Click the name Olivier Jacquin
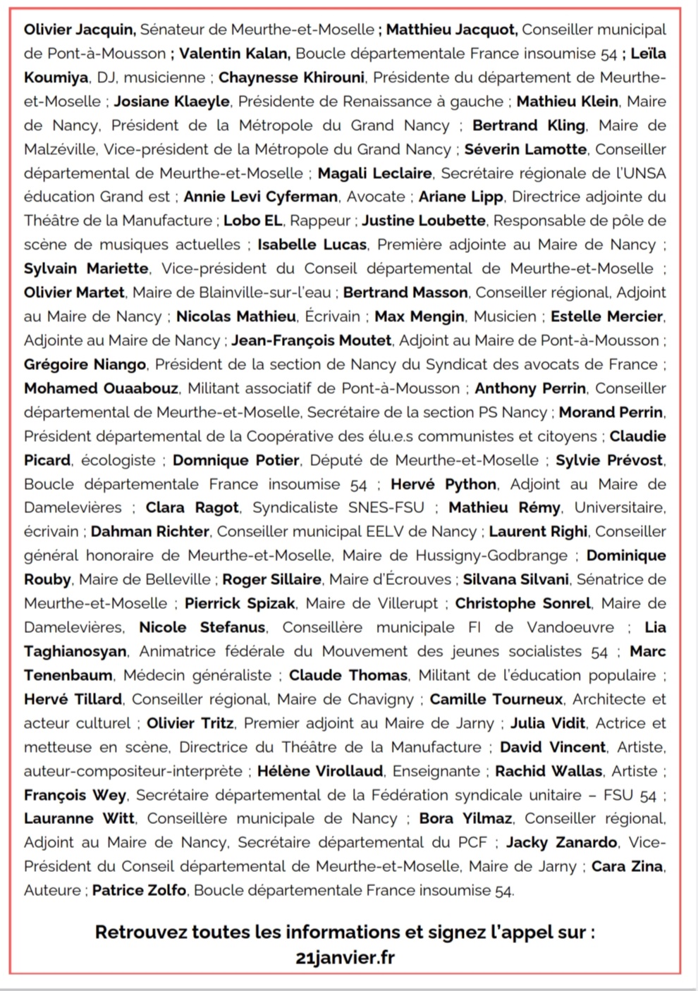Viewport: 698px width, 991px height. pos(78,30)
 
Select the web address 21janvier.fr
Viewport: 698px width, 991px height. pos(345,957)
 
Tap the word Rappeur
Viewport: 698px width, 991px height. pos(321,221)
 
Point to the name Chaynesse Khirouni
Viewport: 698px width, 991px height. pos(291,78)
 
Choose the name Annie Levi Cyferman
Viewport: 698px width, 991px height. pos(261,197)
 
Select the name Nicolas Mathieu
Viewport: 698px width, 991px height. pos(236,316)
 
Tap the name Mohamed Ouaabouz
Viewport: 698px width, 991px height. pos(102,388)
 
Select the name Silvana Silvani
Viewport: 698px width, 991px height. pos(515,579)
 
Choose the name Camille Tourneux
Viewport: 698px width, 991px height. pos(496,699)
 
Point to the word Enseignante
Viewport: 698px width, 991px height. pos(436,771)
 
